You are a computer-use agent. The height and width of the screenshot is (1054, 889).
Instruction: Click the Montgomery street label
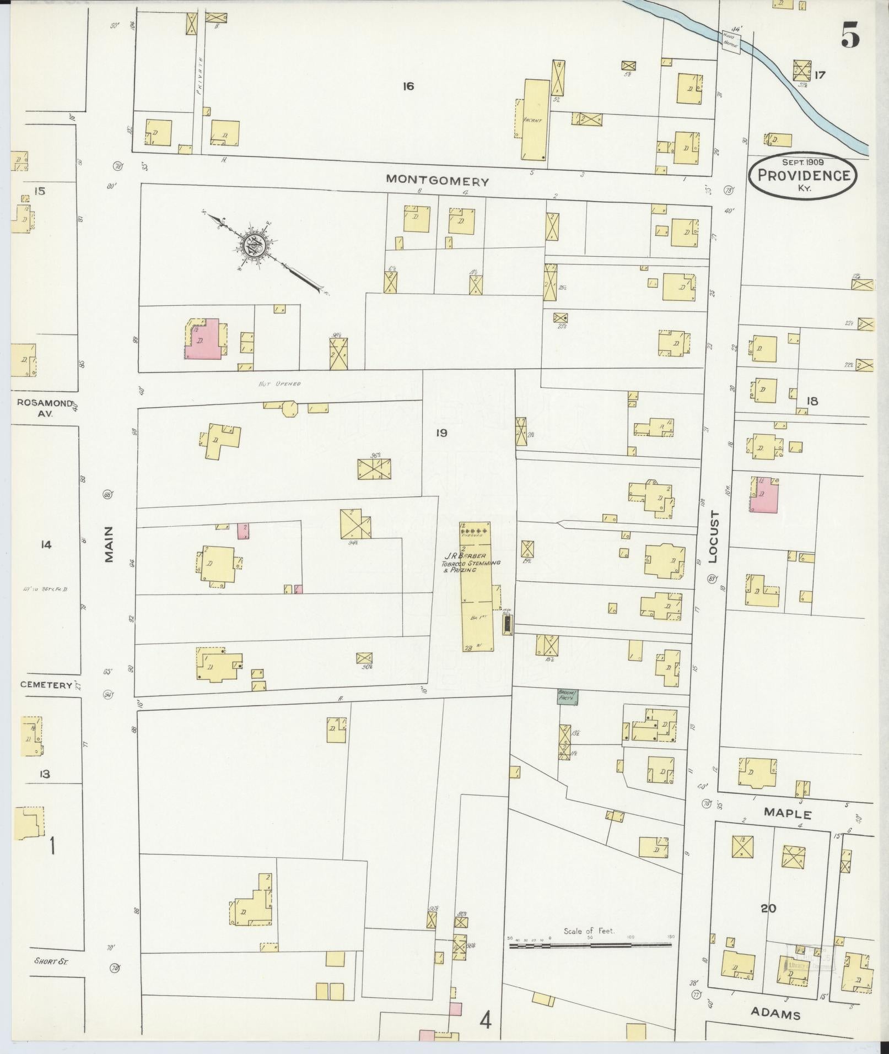coord(437,181)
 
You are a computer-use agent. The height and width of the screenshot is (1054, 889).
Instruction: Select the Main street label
coord(109,544)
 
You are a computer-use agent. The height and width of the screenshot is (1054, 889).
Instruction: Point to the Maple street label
coord(788,814)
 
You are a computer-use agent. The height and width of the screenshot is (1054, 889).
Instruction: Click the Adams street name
coord(775,1014)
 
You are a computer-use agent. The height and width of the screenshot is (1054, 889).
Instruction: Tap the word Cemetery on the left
coord(46,685)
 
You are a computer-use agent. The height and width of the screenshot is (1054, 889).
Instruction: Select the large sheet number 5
coord(850,36)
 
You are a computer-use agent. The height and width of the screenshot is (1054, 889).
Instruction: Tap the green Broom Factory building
coord(567,696)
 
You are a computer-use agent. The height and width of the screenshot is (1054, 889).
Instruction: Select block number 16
coord(408,87)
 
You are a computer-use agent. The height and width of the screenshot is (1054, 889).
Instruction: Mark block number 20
coord(768,908)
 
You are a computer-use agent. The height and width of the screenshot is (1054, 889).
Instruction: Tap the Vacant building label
coord(533,120)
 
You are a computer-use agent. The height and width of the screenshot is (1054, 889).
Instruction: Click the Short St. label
coord(47,961)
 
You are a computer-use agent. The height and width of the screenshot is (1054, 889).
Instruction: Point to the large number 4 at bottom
coord(485,1021)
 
